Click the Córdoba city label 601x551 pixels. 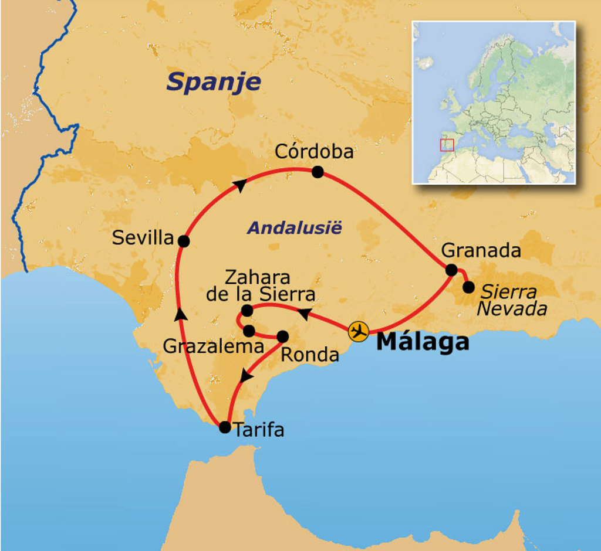[315, 152]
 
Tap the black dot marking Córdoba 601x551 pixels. [318, 172]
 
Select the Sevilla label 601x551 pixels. [143, 238]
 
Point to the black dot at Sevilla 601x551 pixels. [183, 241]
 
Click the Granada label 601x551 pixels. [481, 251]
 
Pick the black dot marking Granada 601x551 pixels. [451, 270]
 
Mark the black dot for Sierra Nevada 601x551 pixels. [468, 287]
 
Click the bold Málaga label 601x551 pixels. [423, 342]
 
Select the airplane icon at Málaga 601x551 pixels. [358, 331]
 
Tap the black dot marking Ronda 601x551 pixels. [282, 336]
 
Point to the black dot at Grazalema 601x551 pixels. [249, 331]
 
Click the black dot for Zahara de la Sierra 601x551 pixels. [247, 310]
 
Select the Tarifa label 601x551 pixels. [259, 430]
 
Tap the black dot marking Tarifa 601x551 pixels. [224, 427]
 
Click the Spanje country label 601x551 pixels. [214, 82]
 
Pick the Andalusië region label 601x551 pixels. [293, 228]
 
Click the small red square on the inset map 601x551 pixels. [447, 145]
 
